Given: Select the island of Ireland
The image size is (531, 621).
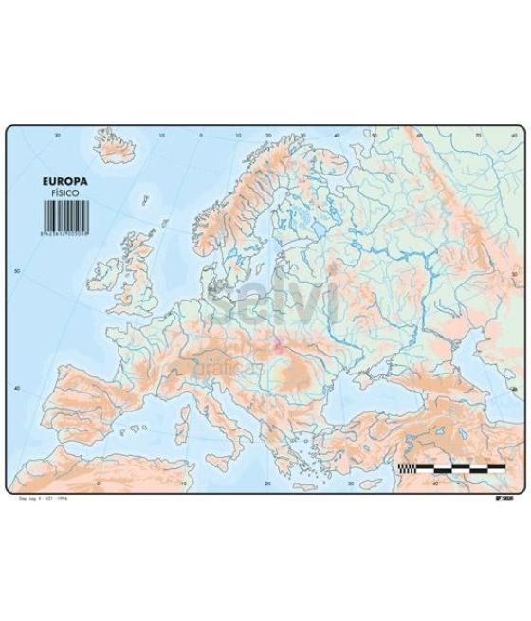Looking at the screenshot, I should pos(103,275).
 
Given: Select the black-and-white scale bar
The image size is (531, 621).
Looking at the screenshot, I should pos(451,467).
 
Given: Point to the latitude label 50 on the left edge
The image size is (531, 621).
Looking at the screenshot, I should pos(15,270).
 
